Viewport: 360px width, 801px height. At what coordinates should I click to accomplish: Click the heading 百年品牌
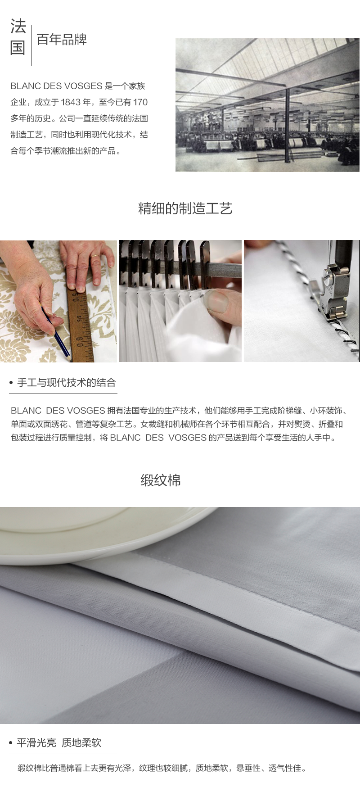click(x=62, y=40)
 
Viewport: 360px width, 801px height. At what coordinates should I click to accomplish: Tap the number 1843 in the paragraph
click(x=70, y=102)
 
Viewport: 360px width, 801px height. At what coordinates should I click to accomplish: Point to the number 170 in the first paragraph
click(x=140, y=102)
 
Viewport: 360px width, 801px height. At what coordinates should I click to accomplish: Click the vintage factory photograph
click(x=267, y=105)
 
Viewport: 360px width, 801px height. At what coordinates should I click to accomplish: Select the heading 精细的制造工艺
click(x=185, y=208)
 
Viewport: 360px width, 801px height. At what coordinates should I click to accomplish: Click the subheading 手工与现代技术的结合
click(x=67, y=383)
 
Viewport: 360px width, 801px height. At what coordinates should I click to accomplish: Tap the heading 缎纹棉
click(x=161, y=480)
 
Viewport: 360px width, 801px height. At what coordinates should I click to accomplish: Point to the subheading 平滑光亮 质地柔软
click(x=59, y=742)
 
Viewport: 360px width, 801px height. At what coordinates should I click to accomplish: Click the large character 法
click(x=18, y=27)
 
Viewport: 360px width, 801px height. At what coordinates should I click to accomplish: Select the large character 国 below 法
click(x=18, y=47)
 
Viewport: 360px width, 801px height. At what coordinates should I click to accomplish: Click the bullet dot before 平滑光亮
click(x=11, y=743)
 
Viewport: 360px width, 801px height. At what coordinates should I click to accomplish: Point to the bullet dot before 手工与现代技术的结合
click(x=11, y=383)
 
